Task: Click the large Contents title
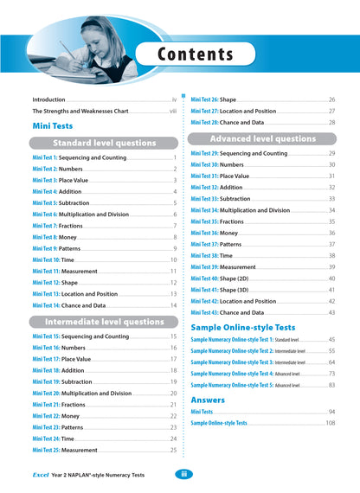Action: point(196,55)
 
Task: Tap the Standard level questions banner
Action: point(104,143)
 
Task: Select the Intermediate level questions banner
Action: point(104,322)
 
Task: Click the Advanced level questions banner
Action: point(262,138)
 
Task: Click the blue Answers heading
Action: point(208,400)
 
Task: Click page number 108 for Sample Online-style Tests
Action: point(330,423)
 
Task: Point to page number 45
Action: point(331,340)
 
